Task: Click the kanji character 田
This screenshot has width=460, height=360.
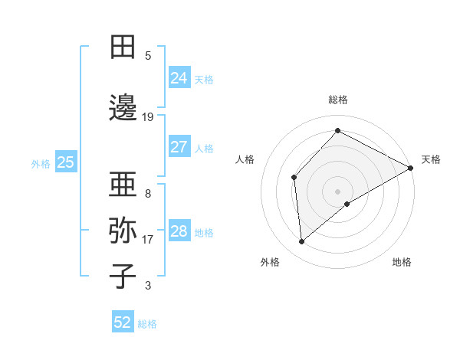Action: tap(123, 47)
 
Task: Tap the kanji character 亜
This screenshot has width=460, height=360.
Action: tap(123, 185)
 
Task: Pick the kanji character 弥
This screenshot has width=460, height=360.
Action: tap(123, 231)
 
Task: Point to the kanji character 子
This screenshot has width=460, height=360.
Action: tap(123, 276)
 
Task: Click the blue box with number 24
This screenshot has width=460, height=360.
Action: tap(179, 77)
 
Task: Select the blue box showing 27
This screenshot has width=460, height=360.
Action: tap(179, 147)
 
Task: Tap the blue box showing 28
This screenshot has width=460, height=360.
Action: tap(179, 231)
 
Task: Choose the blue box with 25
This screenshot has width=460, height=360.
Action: tap(66, 162)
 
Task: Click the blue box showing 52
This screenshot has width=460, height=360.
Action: tap(123, 322)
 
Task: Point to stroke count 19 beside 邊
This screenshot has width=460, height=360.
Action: tap(148, 117)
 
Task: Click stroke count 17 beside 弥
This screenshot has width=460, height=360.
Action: tap(148, 240)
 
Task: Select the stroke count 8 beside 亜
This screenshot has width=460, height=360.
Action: tap(148, 194)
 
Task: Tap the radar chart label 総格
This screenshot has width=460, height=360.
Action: tap(338, 100)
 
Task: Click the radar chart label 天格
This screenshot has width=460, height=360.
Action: tap(431, 159)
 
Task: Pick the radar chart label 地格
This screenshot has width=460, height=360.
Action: tap(402, 262)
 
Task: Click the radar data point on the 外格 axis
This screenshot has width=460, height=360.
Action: tap(302, 242)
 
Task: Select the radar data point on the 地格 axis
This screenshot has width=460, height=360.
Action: tap(347, 204)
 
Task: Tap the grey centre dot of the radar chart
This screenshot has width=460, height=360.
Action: tap(337, 190)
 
